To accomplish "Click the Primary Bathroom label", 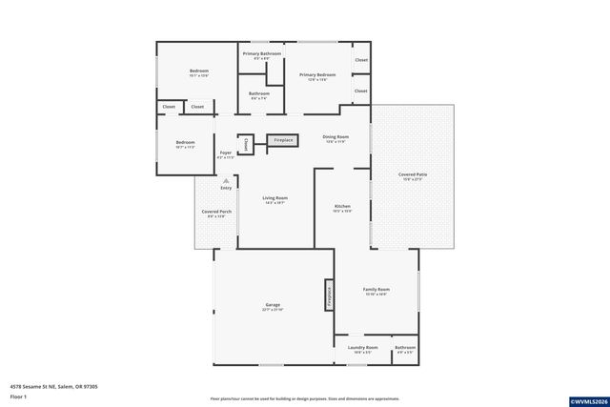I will point(262,55).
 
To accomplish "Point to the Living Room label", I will point(275,199).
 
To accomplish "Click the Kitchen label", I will point(342,208).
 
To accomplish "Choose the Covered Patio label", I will point(413,176).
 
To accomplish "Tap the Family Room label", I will point(376,291).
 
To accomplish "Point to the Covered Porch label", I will point(216,213).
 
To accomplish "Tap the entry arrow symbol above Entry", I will point(226,180).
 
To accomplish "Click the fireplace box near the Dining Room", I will point(283,141).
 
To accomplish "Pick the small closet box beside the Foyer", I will point(245,145).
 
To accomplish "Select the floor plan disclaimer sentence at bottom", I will point(305,398).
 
